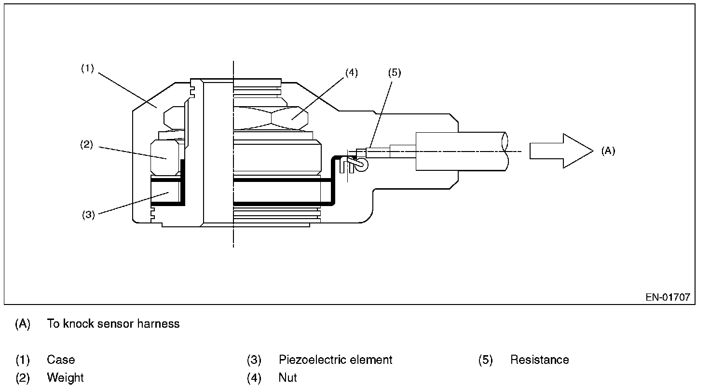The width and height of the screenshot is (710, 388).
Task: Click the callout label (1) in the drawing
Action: tap(87, 68)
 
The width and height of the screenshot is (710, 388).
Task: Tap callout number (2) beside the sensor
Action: tap(86, 145)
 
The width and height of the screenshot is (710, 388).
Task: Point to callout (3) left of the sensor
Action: tap(88, 215)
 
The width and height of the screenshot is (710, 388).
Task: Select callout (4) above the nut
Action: tap(352, 73)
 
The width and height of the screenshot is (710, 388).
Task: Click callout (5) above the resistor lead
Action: tap(395, 73)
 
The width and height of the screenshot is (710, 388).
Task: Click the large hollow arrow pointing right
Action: tap(561, 151)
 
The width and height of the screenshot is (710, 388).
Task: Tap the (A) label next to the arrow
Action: tap(608, 151)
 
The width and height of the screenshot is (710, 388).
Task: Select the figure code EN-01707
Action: tap(668, 297)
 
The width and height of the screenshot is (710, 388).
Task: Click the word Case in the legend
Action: tap(61, 360)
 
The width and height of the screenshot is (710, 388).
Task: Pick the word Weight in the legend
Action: tap(65, 378)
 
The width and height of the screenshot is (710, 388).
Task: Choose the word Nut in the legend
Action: tap(288, 378)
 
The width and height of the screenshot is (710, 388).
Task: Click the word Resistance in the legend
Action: tap(539, 360)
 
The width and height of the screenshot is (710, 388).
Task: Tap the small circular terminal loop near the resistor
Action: tap(361, 165)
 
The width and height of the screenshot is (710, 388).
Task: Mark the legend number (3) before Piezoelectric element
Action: tap(254, 360)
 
